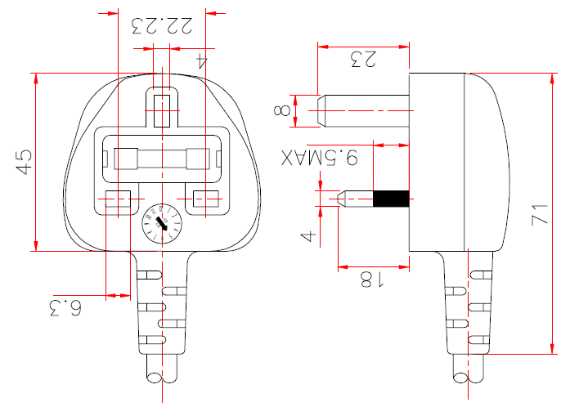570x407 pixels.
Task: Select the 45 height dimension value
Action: click(x=25, y=160)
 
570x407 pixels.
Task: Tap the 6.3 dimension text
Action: click(x=66, y=308)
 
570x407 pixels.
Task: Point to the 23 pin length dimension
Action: click(x=363, y=59)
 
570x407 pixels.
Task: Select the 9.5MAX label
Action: click(x=320, y=159)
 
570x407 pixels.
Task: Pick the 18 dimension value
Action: click(x=372, y=280)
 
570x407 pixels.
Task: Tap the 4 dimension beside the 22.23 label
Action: click(x=202, y=59)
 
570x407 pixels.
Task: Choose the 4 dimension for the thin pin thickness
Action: click(x=307, y=236)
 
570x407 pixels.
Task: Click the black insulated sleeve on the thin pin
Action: click(x=391, y=199)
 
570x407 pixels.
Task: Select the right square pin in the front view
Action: click(x=206, y=200)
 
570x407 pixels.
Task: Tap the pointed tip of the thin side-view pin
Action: click(x=335, y=199)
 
